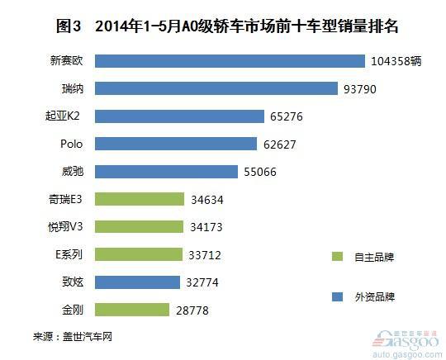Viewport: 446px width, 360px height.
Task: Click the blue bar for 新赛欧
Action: click(x=230, y=61)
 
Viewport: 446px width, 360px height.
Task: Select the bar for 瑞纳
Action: click(x=216, y=88)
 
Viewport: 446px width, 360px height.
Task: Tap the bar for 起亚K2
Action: click(x=179, y=116)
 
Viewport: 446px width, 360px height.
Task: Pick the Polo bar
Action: click(x=176, y=144)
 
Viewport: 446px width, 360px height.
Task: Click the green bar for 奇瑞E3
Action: click(x=140, y=199)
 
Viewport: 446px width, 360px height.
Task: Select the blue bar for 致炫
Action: click(x=137, y=282)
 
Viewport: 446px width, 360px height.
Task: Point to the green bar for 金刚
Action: click(x=132, y=310)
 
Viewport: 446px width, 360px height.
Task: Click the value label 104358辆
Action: click(x=396, y=61)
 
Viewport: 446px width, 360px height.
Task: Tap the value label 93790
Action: click(x=360, y=89)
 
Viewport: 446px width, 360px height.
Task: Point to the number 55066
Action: click(x=260, y=172)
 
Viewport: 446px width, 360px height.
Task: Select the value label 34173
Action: click(x=206, y=227)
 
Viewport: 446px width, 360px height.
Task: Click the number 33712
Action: click(x=205, y=255)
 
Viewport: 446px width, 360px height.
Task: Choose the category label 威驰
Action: click(x=73, y=172)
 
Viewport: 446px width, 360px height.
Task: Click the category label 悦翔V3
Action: click(x=65, y=227)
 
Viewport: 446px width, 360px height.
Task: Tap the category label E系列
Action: click(x=69, y=254)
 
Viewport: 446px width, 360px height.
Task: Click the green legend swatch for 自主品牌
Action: click(x=337, y=257)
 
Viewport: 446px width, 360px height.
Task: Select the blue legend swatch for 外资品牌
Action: click(x=337, y=297)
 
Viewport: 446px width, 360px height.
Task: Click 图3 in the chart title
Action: click(x=69, y=26)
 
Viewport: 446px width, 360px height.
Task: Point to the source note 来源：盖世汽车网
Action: click(x=73, y=337)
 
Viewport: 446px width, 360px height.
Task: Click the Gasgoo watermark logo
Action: click(x=406, y=343)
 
